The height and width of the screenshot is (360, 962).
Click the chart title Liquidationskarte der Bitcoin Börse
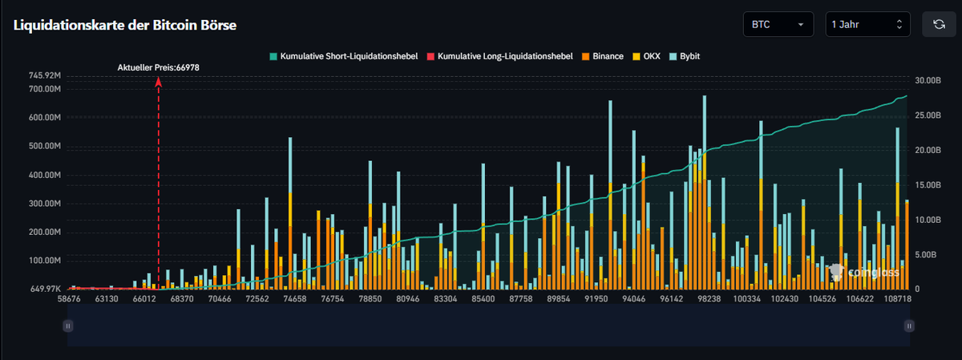(x=124, y=25)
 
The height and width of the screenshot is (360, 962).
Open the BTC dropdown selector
(x=778, y=25)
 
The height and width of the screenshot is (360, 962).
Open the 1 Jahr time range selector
(x=867, y=25)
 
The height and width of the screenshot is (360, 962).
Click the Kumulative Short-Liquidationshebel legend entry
(x=343, y=57)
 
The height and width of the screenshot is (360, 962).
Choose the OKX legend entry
(x=649, y=57)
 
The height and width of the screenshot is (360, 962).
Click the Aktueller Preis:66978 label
(x=159, y=67)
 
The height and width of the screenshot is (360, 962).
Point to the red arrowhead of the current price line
(x=159, y=81)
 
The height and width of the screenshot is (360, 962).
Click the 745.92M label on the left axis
(x=44, y=75)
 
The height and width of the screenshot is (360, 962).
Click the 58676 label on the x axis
(x=69, y=298)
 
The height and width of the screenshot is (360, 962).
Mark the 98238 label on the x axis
(x=709, y=298)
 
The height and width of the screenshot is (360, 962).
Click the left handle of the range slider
(x=68, y=326)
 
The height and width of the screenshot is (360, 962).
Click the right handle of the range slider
(x=909, y=326)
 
